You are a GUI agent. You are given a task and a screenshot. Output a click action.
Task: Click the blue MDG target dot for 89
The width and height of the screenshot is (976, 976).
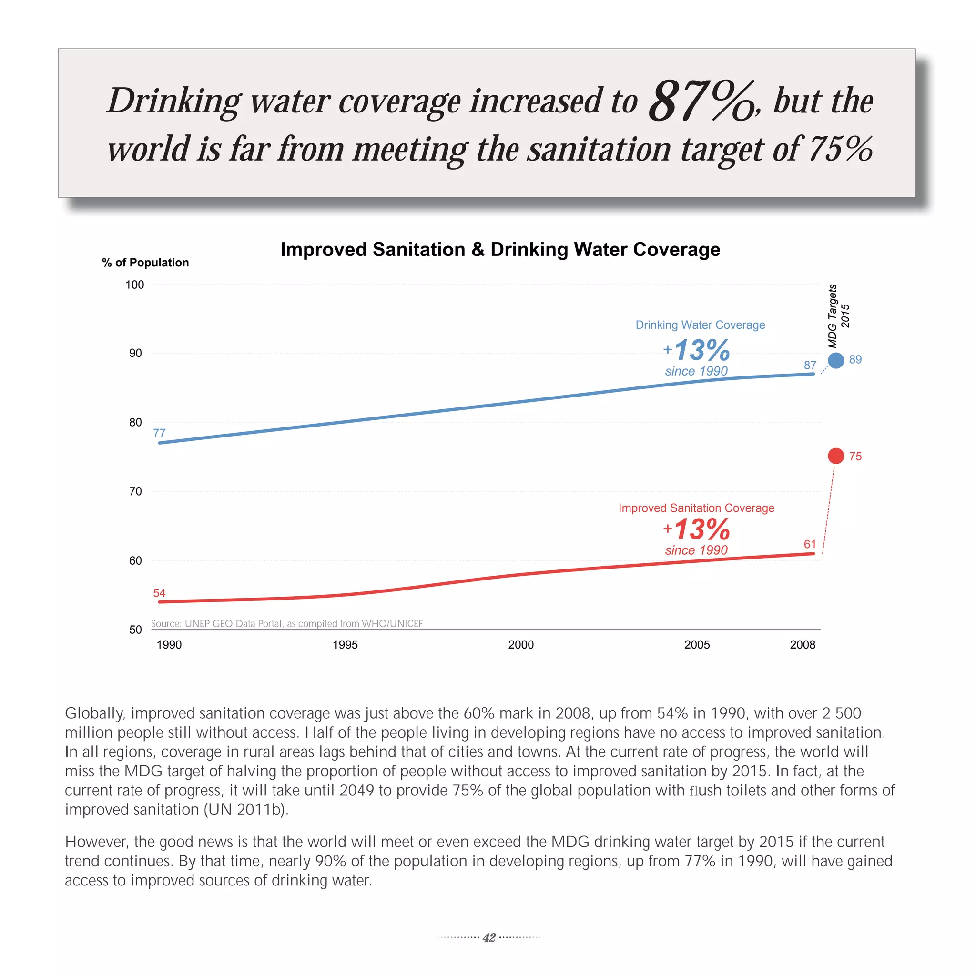(x=836, y=360)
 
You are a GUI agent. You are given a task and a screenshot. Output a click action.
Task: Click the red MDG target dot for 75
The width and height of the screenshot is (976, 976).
(x=836, y=456)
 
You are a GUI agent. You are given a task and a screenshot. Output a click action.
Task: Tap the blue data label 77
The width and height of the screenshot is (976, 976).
(x=159, y=433)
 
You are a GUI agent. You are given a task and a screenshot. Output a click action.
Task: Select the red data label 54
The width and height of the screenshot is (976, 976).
(x=159, y=593)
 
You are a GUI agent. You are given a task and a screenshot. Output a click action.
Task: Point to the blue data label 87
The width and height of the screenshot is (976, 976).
(x=810, y=365)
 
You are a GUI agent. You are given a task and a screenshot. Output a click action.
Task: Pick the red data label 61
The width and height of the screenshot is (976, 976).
(x=810, y=544)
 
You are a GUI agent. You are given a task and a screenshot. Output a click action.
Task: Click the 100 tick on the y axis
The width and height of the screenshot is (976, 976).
(x=135, y=285)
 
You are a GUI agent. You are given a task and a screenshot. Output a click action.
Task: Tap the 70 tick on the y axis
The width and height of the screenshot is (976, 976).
(x=135, y=491)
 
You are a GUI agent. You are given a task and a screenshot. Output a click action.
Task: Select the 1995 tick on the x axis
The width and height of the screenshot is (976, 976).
(x=345, y=645)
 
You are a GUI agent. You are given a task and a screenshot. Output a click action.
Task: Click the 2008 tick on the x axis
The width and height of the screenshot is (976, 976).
(x=803, y=645)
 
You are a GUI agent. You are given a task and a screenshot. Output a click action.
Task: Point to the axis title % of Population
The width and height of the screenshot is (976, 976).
(x=145, y=263)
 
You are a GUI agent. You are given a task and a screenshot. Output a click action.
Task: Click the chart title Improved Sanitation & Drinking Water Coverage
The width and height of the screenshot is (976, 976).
(x=500, y=250)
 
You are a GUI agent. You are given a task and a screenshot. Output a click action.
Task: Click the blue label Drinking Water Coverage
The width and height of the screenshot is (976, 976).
(x=700, y=325)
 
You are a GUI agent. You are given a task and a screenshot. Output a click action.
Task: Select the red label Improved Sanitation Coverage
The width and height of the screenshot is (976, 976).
(x=696, y=508)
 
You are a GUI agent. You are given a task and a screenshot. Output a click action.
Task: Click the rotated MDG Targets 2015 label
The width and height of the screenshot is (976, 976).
(x=839, y=316)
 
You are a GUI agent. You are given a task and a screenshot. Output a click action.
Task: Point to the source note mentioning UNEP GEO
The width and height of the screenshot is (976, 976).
(x=287, y=623)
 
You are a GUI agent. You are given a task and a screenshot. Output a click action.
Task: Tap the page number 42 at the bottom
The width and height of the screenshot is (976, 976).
(x=489, y=937)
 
